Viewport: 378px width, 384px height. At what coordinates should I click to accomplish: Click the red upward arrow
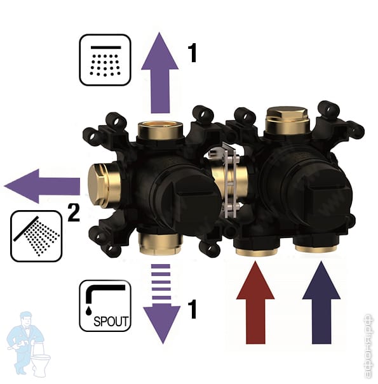[255, 303]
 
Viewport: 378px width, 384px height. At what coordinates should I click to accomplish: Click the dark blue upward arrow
[321, 303]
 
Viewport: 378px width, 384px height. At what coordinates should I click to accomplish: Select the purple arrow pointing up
[160, 73]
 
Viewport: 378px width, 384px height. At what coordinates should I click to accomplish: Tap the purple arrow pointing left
[42, 186]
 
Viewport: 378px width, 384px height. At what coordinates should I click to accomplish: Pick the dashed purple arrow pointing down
[161, 303]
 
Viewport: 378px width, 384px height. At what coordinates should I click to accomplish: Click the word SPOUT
[111, 321]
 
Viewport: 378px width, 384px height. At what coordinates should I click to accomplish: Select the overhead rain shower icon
[105, 60]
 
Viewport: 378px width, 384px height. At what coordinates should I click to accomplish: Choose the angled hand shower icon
[36, 236]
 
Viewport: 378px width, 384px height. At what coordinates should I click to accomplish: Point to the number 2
[74, 213]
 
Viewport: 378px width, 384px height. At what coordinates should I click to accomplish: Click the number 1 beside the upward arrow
[192, 53]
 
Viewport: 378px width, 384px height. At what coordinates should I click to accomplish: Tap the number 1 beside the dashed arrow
[192, 309]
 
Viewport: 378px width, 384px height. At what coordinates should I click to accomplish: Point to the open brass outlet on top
[160, 130]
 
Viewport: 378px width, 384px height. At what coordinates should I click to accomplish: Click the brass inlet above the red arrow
[257, 251]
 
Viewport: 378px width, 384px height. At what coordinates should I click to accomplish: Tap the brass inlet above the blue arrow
[316, 248]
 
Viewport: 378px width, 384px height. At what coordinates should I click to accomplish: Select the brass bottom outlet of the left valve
[159, 244]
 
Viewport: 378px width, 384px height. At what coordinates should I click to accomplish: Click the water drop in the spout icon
[88, 310]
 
